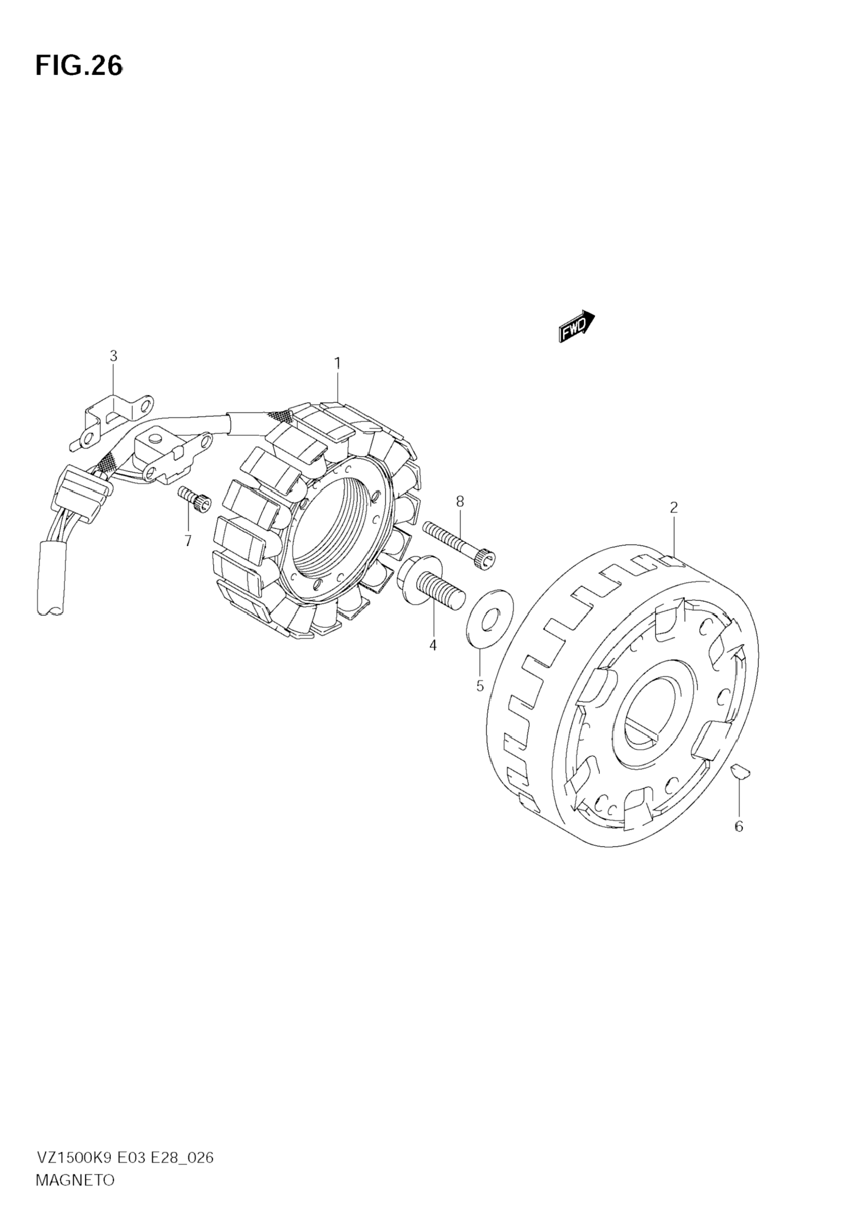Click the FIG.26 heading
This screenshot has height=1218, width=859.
(79, 66)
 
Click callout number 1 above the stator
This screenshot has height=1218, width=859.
(337, 363)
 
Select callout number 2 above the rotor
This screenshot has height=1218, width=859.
(673, 508)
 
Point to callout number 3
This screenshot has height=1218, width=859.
(113, 356)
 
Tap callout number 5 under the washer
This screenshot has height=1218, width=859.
(480, 686)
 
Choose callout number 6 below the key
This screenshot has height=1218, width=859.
(739, 826)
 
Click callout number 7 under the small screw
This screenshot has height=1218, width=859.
(188, 541)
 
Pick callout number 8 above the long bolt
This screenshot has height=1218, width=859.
(459, 501)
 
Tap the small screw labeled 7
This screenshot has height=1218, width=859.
(195, 499)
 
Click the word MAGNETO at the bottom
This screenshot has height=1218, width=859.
(75, 1180)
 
